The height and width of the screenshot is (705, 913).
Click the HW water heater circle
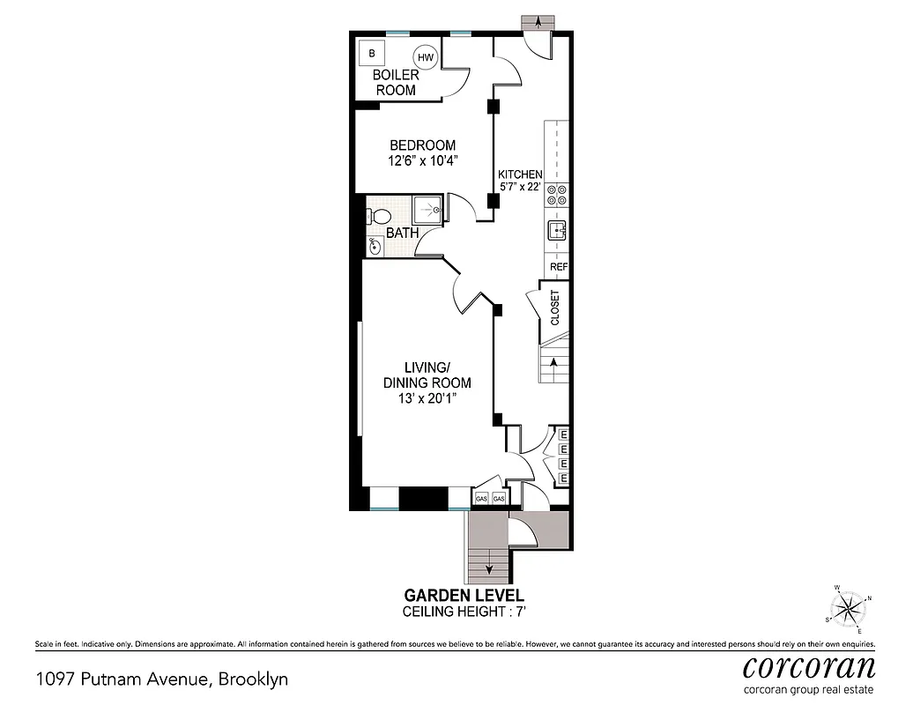426,56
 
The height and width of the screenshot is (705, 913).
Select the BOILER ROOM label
396,83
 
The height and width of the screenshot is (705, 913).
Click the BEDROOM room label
423,145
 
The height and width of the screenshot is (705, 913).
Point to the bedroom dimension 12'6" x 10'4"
423,161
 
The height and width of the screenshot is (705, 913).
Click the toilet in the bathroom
380,216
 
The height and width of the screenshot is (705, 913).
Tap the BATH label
402,234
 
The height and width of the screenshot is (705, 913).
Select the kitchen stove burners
557,198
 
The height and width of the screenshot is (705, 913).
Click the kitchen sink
556,231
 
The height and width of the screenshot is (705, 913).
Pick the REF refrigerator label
558,266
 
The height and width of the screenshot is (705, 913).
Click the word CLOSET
555,308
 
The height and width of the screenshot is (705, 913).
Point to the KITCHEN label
520,174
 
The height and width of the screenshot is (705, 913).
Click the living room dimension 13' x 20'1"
427,399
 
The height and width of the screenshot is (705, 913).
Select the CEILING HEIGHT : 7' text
464,611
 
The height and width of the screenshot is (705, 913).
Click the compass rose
849,608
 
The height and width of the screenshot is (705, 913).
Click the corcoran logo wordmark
809,666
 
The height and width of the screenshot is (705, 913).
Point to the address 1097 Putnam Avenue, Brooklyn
161,679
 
